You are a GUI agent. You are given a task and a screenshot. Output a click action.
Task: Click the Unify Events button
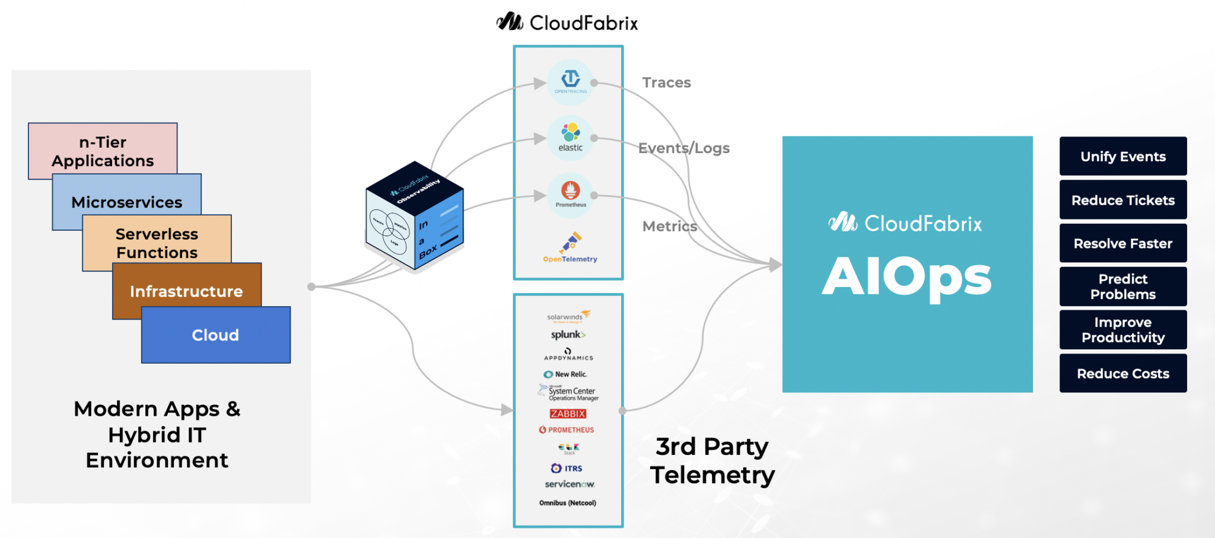(1122, 157)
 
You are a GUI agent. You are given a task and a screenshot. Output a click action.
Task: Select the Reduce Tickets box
(1122, 200)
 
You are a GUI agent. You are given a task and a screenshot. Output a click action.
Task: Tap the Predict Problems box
(1122, 286)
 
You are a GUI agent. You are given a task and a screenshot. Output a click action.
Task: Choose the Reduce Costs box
(1122, 374)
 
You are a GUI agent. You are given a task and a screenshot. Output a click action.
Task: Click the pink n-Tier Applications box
(102, 151)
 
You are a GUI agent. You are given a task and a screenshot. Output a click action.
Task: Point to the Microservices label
(126, 202)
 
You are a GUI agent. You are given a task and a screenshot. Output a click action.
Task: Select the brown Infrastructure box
(186, 291)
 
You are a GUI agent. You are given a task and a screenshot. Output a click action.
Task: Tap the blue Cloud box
(215, 335)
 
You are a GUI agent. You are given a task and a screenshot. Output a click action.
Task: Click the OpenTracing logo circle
(570, 82)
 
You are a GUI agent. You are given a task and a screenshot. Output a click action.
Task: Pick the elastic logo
(570, 138)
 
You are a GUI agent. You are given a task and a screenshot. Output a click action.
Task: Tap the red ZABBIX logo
(568, 414)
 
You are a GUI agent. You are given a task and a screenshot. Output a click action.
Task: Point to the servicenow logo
(570, 484)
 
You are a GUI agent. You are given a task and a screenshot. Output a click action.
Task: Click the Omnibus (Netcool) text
(568, 503)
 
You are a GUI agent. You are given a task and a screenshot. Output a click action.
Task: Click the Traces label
(666, 82)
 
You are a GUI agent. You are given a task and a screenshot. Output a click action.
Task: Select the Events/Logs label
(683, 148)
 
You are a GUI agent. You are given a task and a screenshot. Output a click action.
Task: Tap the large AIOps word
(907, 277)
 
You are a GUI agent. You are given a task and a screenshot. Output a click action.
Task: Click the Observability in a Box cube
(415, 217)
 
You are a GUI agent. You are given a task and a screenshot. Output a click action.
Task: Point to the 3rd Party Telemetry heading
(712, 460)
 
